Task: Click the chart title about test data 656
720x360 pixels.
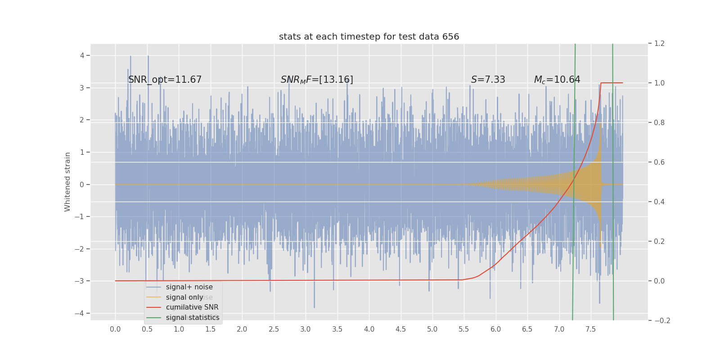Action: coord(369,37)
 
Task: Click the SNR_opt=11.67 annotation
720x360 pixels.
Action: coord(165,80)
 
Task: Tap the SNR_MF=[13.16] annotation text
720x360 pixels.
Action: coord(317,80)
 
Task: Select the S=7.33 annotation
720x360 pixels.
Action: coord(488,80)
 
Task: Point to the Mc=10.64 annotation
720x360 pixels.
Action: coord(557,80)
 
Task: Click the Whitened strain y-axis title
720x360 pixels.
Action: coord(67,182)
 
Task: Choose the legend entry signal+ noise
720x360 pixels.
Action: coord(189,287)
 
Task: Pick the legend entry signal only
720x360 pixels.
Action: coord(184,297)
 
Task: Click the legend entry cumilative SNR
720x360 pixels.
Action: coord(192,307)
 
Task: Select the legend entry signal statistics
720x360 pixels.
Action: coord(193,318)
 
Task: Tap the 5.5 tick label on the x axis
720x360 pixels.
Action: coord(464,329)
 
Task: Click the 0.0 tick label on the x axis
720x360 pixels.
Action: coord(115,329)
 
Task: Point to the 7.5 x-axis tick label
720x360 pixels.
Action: coord(590,329)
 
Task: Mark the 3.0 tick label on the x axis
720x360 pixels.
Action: coord(306,329)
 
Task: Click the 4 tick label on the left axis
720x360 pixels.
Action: coord(82,55)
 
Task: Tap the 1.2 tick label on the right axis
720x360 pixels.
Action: coord(659,44)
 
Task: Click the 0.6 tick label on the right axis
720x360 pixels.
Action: coord(659,162)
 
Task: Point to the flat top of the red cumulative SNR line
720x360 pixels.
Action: coord(612,83)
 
